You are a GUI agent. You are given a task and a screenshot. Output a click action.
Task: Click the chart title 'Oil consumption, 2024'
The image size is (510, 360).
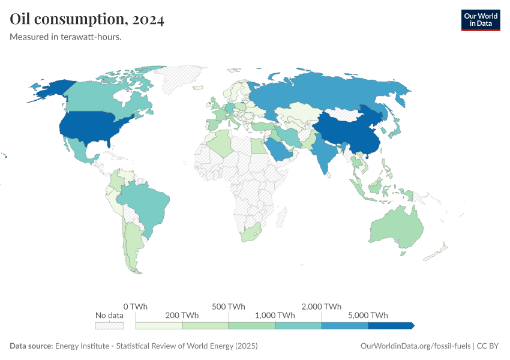click(87, 19)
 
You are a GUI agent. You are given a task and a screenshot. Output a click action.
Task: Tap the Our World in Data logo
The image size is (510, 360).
click(480, 20)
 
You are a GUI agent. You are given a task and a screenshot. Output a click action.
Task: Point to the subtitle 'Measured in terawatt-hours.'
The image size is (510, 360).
click(66, 37)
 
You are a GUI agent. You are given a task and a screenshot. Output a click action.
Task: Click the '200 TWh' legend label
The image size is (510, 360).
click(182, 315)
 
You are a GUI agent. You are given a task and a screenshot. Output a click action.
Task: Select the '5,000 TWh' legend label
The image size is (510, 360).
click(368, 315)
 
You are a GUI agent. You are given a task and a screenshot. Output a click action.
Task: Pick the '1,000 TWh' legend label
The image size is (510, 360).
click(275, 315)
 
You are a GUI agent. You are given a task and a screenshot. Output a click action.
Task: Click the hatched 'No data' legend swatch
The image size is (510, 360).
click(109, 325)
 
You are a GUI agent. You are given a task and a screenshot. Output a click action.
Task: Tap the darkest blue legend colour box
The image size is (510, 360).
click(390, 325)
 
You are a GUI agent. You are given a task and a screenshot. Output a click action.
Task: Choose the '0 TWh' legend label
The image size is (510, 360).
click(136, 306)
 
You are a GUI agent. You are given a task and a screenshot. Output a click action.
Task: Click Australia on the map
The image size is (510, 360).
click(396, 231)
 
